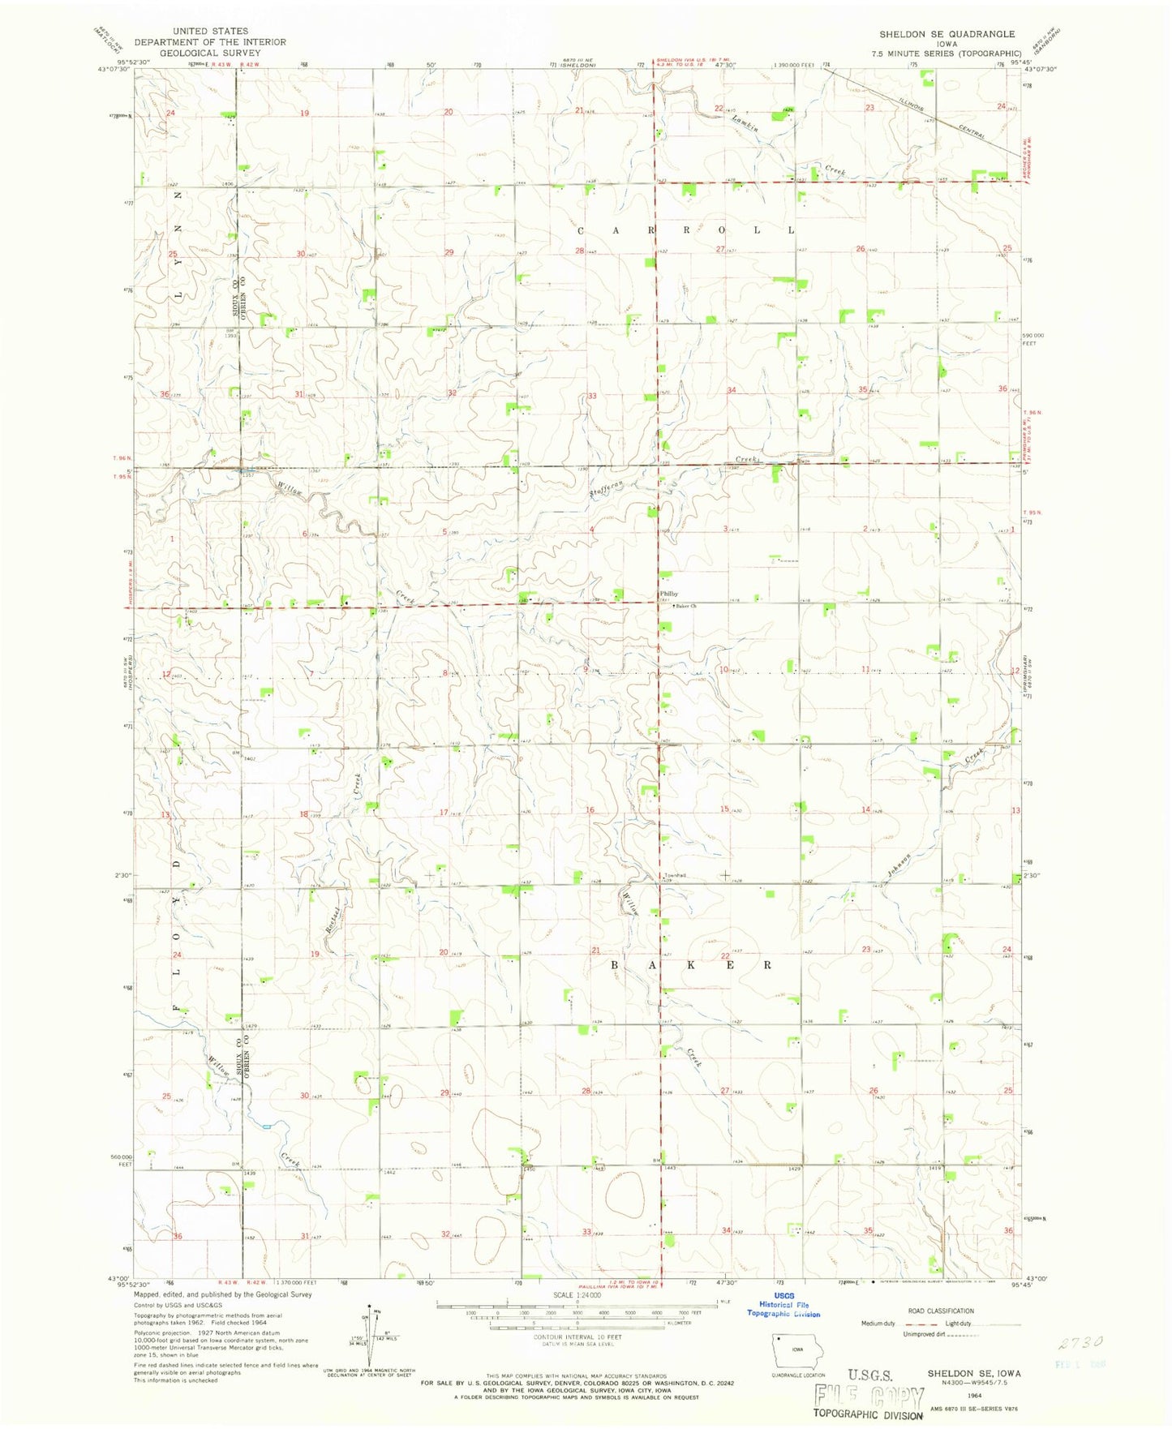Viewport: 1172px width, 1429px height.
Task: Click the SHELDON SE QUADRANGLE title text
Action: coord(947,34)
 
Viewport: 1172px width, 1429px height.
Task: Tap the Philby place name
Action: coord(669,594)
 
